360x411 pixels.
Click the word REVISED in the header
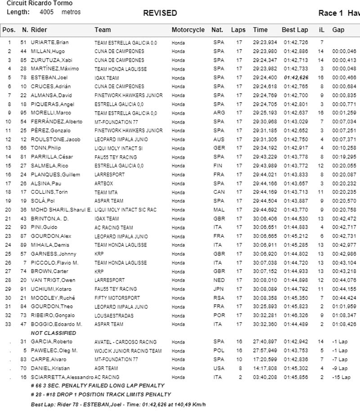[160, 13]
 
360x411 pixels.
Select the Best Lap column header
[295, 30]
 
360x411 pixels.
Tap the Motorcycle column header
[188, 30]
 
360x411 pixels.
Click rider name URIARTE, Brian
[49, 42]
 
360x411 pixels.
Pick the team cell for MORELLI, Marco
[126, 113]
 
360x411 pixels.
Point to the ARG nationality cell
[219, 113]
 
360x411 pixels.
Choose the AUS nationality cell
[219, 140]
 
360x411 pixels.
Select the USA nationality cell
[219, 368]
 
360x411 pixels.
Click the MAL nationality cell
[219, 210]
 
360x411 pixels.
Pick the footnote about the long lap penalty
[97, 386]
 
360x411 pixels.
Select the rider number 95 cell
[25, 113]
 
